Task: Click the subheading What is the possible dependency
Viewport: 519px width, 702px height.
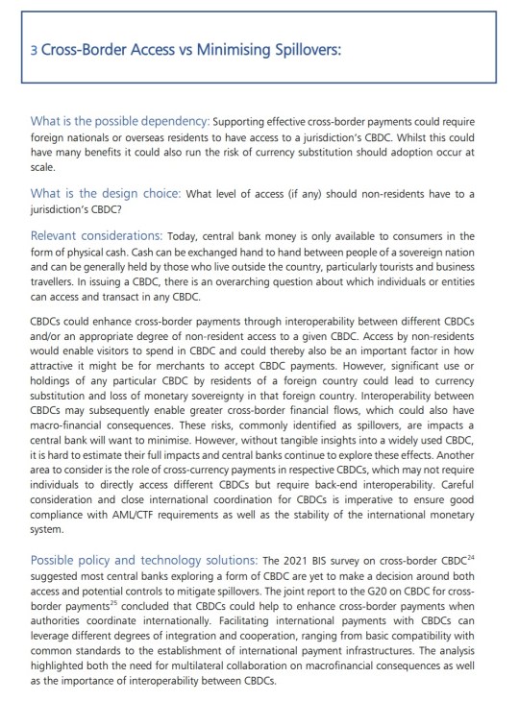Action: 119,121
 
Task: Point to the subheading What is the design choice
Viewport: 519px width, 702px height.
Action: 105,193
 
